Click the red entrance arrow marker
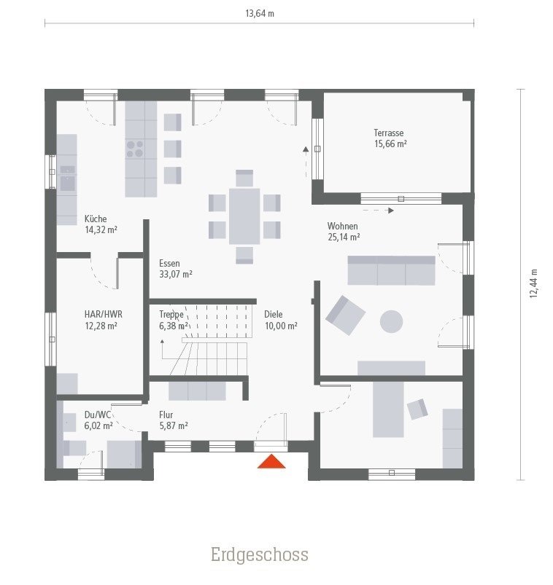click(271, 461)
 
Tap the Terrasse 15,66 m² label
click(390, 138)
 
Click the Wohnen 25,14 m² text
click(344, 232)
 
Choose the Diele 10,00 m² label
click(280, 320)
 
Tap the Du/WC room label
click(98, 420)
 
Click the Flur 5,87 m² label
click(173, 420)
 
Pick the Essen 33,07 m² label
click(175, 269)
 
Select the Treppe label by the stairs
click(171, 320)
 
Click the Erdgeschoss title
click(260, 555)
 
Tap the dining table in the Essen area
click(244, 216)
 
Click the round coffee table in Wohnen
click(392, 321)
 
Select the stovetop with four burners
click(135, 149)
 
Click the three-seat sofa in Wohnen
click(391, 270)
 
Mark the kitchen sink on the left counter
click(67, 178)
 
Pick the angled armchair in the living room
click(345, 315)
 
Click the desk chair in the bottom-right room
click(417, 409)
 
